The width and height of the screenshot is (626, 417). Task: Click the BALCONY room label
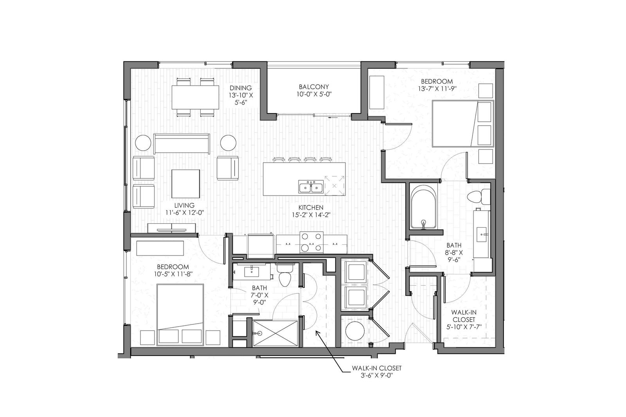[313, 86]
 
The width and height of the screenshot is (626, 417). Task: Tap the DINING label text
[240, 88]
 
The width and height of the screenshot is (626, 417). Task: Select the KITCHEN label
[311, 207]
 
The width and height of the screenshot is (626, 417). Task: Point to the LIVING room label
[184, 205]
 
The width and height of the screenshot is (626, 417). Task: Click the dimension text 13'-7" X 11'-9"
[437, 89]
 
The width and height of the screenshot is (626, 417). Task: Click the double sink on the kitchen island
[311, 187]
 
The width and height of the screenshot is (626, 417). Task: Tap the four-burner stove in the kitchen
[311, 242]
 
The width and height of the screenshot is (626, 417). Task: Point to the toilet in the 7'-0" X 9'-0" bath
[285, 275]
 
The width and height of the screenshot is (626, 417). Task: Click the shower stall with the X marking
[275, 333]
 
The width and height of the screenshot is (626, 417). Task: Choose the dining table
[195, 97]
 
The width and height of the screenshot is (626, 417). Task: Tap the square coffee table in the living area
[185, 183]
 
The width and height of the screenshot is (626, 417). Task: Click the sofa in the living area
[182, 144]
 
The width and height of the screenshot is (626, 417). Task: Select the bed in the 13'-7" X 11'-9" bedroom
[463, 124]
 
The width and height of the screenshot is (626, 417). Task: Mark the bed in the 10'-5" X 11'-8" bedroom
[180, 315]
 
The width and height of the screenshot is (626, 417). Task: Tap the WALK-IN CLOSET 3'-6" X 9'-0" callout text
[376, 372]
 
